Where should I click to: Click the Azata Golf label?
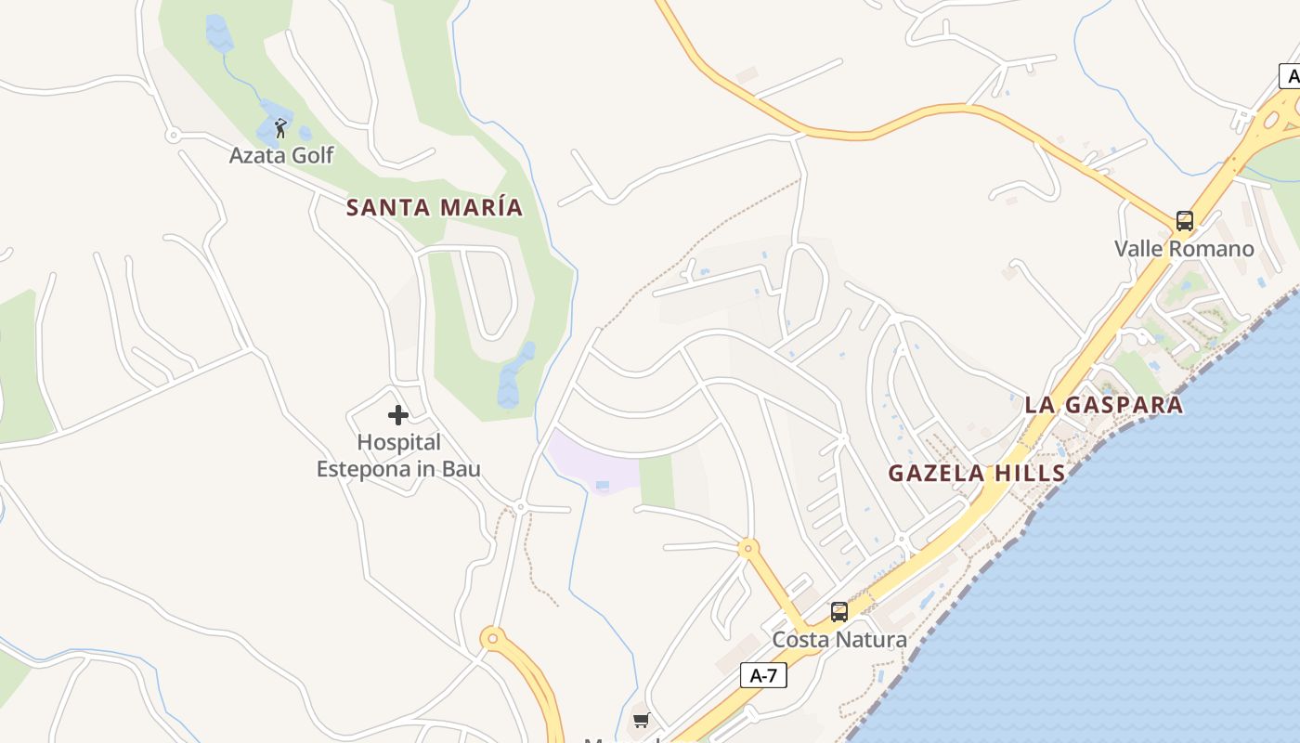pyautogui.click(x=281, y=155)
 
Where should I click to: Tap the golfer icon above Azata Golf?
pyautogui.click(x=280, y=128)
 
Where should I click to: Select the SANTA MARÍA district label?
pyautogui.click(x=435, y=207)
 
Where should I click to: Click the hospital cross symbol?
pyautogui.click(x=398, y=414)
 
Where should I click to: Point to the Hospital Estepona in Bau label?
pyautogui.click(x=398, y=456)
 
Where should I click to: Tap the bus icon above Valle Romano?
pyautogui.click(x=1185, y=221)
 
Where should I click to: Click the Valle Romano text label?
pyautogui.click(x=1184, y=249)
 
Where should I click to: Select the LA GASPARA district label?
pyautogui.click(x=1104, y=405)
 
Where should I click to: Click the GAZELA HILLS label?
pyautogui.click(x=977, y=474)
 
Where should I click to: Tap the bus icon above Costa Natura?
pyautogui.click(x=839, y=612)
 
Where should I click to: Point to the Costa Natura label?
pyautogui.click(x=839, y=640)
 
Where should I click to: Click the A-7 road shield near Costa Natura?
pyautogui.click(x=763, y=676)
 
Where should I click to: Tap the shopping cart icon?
pyautogui.click(x=641, y=720)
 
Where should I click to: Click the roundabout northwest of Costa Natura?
pyautogui.click(x=748, y=548)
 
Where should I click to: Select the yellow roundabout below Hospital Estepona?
pyautogui.click(x=493, y=638)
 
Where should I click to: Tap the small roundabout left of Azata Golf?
pyautogui.click(x=173, y=136)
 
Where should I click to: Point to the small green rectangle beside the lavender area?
pyautogui.click(x=656, y=482)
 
